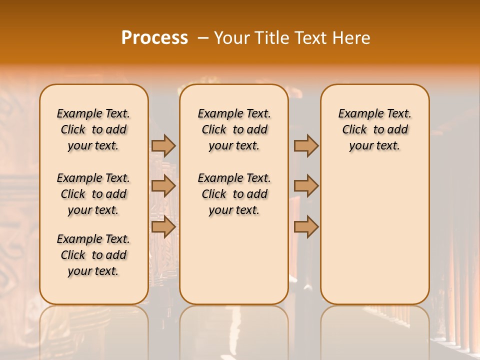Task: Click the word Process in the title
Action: pos(154,38)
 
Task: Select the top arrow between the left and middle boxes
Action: pos(163,145)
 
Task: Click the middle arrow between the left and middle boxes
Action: pos(163,186)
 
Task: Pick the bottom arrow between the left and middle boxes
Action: pos(163,227)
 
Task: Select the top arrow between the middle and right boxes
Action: pos(306,145)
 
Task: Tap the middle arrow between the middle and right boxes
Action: pos(306,186)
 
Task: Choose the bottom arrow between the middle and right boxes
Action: pos(306,227)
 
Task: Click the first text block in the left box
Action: pos(93,129)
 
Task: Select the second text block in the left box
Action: pos(93,194)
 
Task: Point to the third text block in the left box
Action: pos(93,255)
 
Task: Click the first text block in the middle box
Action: pos(234,129)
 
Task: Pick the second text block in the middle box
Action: pos(234,194)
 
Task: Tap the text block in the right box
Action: pos(374,129)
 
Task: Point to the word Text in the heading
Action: pos(311,38)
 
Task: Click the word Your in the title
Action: pos(232,38)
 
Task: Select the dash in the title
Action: pos(203,38)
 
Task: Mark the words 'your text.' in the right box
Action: pos(374,146)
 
